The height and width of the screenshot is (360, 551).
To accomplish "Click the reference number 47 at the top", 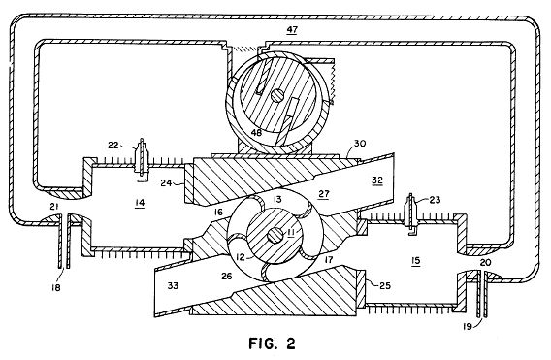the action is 292,30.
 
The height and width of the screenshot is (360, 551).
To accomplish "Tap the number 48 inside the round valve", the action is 257,132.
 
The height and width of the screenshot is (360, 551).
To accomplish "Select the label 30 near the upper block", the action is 360,143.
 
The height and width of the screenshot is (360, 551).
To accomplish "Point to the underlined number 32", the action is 377,180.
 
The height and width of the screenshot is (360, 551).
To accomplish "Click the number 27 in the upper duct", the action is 324,194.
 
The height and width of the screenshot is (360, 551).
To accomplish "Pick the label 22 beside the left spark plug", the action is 113,146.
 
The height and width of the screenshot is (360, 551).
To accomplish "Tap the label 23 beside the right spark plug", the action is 435,200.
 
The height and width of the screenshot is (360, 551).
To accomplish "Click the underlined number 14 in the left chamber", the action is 140,203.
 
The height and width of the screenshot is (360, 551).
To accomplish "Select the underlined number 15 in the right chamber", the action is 416,260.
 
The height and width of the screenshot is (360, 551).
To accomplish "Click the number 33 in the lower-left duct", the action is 173,286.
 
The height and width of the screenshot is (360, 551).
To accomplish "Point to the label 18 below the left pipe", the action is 55,287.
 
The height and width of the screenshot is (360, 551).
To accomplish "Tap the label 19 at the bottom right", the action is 467,327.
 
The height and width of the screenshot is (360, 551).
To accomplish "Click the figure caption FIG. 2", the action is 273,344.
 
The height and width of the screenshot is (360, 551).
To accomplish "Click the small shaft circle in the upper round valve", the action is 276,95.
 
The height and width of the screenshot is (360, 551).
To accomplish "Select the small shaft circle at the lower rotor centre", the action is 275,236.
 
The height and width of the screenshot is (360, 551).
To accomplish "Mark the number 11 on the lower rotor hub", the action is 291,232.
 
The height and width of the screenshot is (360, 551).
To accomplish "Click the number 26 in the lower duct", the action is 227,277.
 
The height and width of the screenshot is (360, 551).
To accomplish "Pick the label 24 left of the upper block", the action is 166,182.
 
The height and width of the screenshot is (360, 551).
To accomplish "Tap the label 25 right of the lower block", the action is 385,285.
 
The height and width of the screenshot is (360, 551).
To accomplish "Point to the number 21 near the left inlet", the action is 53,207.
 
